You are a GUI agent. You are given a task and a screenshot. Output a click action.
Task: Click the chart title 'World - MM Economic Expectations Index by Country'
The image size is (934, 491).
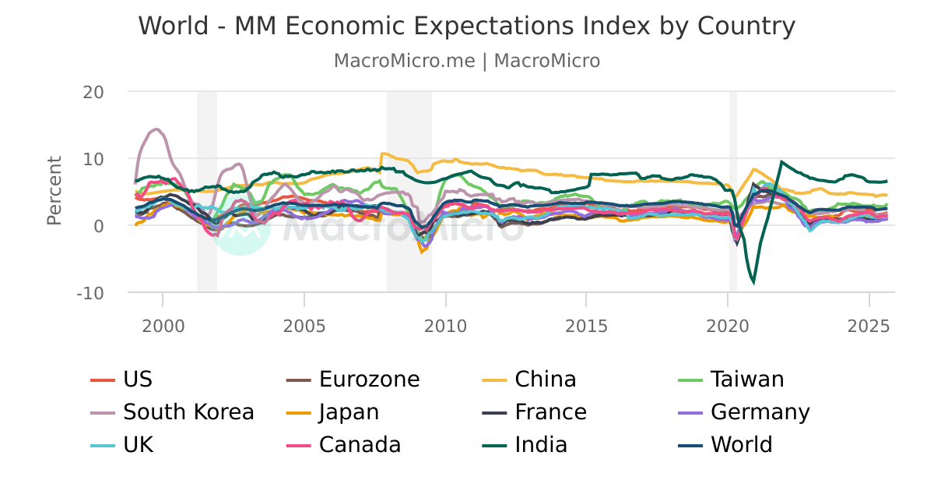(x=467, y=26)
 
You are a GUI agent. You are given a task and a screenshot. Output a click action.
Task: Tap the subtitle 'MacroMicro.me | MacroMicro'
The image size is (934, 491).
(x=467, y=61)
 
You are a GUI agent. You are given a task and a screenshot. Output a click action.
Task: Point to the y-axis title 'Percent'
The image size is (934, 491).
(x=54, y=191)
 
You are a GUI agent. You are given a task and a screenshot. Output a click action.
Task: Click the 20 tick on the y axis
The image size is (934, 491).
(x=93, y=91)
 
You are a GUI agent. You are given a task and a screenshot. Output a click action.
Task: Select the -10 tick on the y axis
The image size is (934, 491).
(x=90, y=293)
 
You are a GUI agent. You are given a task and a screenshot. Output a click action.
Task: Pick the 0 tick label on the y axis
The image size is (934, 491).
(x=98, y=226)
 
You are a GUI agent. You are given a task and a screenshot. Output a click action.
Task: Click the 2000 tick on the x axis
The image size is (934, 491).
(x=163, y=323)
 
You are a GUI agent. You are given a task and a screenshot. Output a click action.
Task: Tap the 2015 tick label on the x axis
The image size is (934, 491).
(x=585, y=323)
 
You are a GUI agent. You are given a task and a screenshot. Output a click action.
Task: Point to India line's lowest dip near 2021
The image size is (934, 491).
(x=753, y=282)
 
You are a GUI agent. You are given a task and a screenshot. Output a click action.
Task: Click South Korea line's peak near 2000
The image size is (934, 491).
(x=156, y=129)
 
